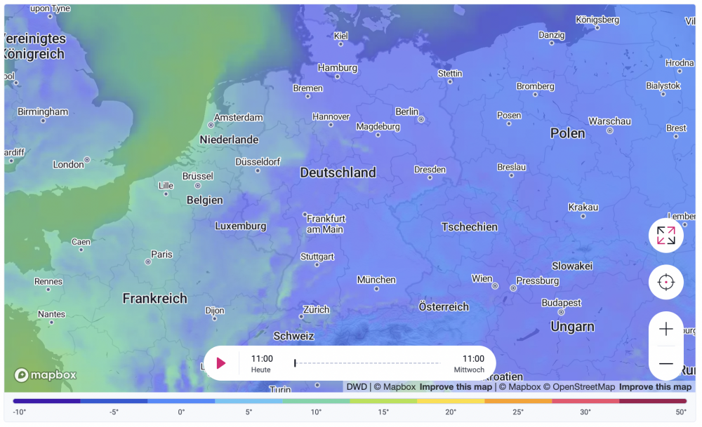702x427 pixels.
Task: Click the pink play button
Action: (221, 363)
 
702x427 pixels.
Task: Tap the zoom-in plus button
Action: (665, 329)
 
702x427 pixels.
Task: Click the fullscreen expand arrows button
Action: (665, 236)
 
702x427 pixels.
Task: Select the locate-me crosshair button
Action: (665, 282)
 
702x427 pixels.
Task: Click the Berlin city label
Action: (406, 111)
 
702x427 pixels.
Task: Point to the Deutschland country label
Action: (338, 172)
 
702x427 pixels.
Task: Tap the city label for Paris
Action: (161, 254)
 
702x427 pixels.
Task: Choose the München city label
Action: (376, 280)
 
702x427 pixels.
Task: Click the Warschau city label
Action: (609, 121)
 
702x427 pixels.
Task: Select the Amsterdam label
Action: (238, 118)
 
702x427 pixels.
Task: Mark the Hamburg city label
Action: (337, 68)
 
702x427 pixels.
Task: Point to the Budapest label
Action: (561, 303)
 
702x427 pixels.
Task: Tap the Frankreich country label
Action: (154, 299)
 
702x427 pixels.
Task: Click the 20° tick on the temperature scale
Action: (451, 412)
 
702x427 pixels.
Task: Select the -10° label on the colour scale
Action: (19, 412)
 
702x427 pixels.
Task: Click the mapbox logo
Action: (45, 375)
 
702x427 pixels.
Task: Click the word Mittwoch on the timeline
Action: (468, 370)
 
